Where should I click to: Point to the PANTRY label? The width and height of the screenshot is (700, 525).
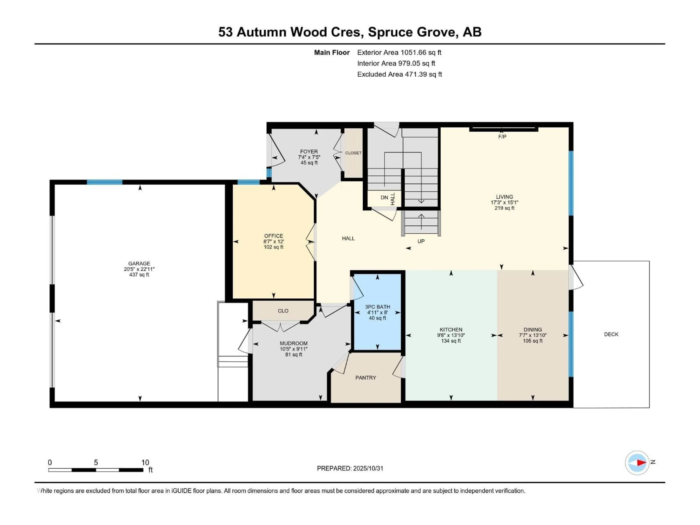365,378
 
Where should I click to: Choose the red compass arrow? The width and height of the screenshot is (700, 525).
641,463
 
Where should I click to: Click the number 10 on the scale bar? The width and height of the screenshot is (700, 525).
145,462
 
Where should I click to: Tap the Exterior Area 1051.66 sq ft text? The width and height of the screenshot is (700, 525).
399,52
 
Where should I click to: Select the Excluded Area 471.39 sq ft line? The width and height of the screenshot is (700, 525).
399,74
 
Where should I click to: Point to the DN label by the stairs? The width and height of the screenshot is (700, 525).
384,197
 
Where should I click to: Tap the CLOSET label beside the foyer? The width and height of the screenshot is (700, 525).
353,153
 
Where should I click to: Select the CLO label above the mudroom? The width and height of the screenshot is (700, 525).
283,311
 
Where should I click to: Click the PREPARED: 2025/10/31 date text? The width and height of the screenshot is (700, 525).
350,468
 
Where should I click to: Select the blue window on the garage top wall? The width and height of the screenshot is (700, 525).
104,182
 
